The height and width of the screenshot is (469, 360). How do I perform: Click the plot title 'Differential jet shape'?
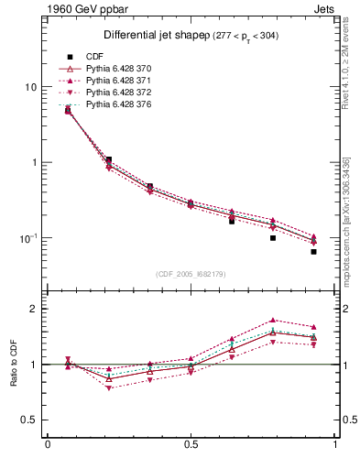pyautogui.click(x=140, y=35)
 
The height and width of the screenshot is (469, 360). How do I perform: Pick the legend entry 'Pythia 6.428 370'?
pyautogui.click(x=112, y=70)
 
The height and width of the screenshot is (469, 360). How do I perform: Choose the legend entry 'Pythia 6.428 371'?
pyautogui.click(x=112, y=82)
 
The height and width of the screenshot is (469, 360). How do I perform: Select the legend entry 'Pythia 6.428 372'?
pyautogui.click(x=112, y=93)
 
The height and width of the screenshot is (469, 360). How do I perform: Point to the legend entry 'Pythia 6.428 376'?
pyautogui.click(x=112, y=105)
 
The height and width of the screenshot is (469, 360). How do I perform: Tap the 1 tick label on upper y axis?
pyautogui.click(x=33, y=162)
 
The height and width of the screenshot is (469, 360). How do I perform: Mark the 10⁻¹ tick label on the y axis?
pyautogui.click(x=27, y=237)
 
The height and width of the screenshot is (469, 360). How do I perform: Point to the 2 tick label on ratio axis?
pyautogui.click(x=33, y=309)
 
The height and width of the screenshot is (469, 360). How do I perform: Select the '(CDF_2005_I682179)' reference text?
pyautogui.click(x=191, y=274)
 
